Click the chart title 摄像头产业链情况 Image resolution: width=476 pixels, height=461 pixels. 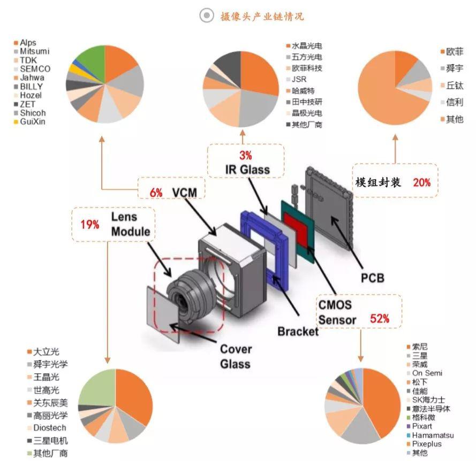262,16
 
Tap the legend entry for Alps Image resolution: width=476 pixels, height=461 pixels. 25,42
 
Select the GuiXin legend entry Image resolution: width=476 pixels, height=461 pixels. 30,121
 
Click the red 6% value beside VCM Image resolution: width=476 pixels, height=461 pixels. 156,193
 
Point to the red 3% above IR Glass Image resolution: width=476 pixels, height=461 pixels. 245,155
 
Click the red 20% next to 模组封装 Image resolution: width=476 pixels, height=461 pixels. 422,182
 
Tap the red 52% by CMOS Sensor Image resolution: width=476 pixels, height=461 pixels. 380,319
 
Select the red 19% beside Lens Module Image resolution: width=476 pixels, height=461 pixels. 90,225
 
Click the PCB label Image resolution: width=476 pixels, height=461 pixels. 373,278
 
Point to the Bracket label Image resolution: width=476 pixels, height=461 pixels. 298,332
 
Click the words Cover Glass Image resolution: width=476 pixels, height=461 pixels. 236,356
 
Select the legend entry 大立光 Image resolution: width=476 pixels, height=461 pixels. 43,352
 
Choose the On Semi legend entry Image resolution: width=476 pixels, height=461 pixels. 425,373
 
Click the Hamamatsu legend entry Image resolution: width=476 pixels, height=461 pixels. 430,435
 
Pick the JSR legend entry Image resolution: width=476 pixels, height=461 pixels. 296,80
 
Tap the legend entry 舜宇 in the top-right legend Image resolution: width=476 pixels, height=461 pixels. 452,68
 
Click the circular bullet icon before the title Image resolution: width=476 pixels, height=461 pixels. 207,15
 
